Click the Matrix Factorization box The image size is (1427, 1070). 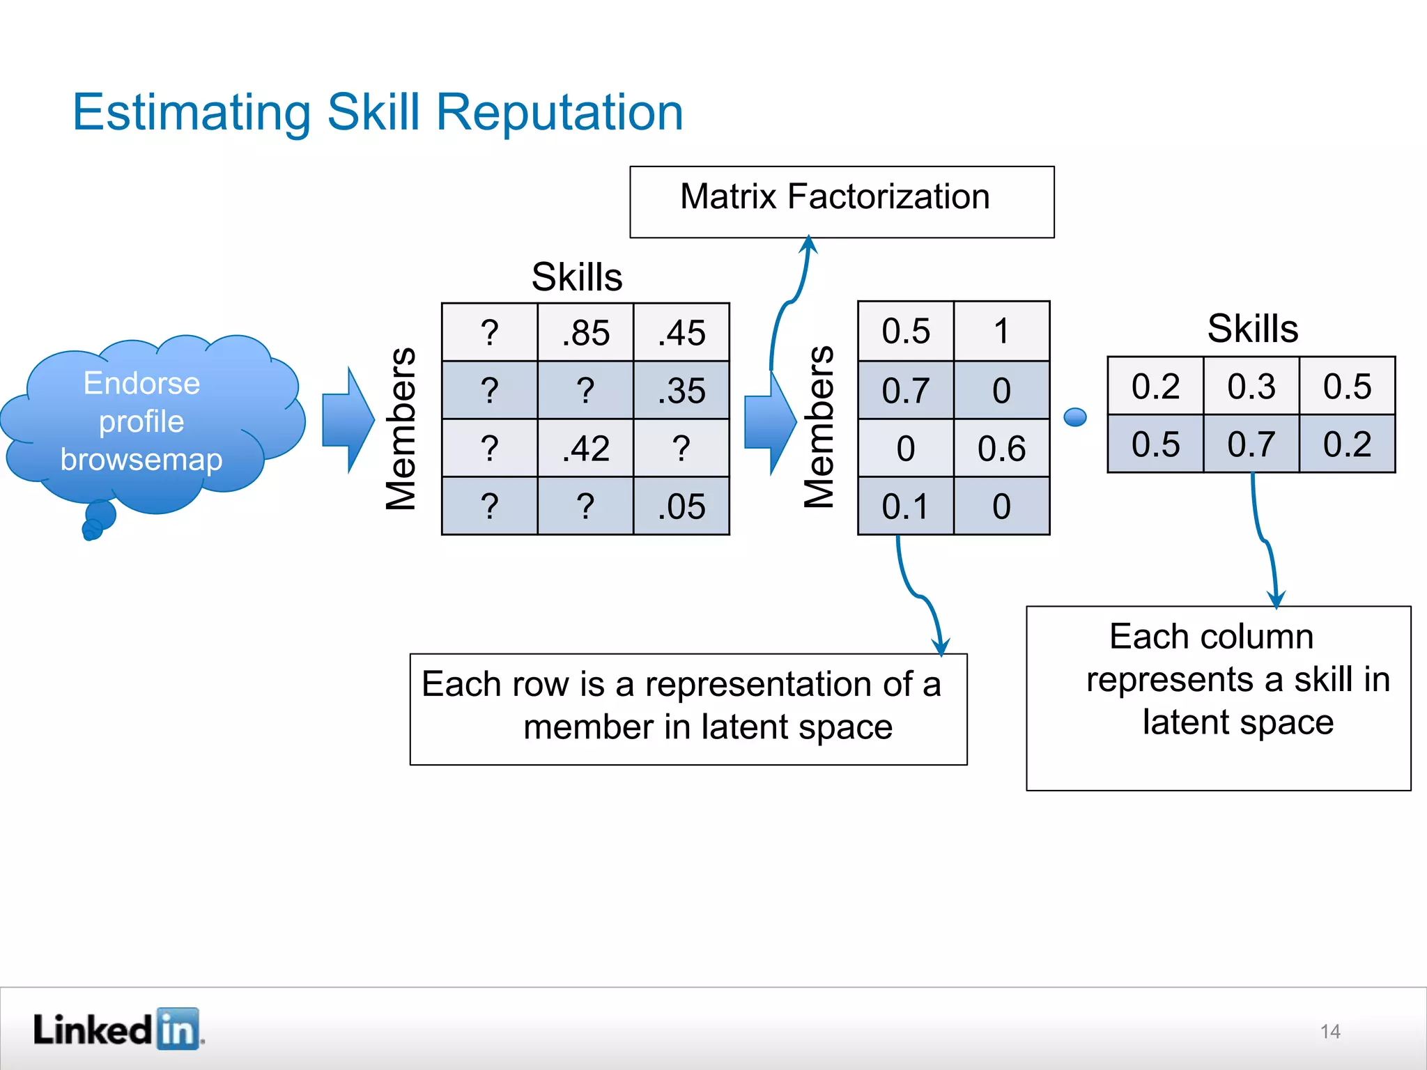pos(841,201)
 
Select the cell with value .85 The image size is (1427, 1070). pos(585,332)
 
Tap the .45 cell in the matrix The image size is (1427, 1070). pos(681,332)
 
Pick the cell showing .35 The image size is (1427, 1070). pos(681,390)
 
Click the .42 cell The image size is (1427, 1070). pos(585,448)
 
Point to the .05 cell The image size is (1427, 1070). pos(681,506)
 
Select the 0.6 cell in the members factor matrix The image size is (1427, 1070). pos(1001,448)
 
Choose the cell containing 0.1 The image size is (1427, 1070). pos(905,506)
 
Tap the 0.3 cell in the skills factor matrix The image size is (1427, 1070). pos(1251,386)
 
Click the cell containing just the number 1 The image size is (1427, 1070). pos(1001,331)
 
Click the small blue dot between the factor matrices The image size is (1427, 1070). pos(1075,417)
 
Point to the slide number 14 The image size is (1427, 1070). pos(1330,1032)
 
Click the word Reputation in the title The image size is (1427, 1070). pos(559,112)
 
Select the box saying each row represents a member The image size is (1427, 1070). pos(688,708)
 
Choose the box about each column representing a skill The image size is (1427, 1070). pos(1218,697)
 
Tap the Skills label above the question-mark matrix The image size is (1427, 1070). pos(577,277)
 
